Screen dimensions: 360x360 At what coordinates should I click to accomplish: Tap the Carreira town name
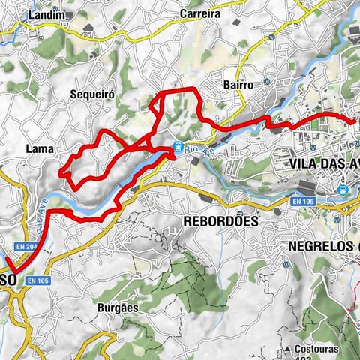[199, 13]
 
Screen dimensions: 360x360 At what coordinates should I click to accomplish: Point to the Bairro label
[238, 85]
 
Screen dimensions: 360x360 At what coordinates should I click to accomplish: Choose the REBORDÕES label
[220, 222]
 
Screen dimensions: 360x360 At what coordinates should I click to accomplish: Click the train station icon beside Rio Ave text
[178, 147]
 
